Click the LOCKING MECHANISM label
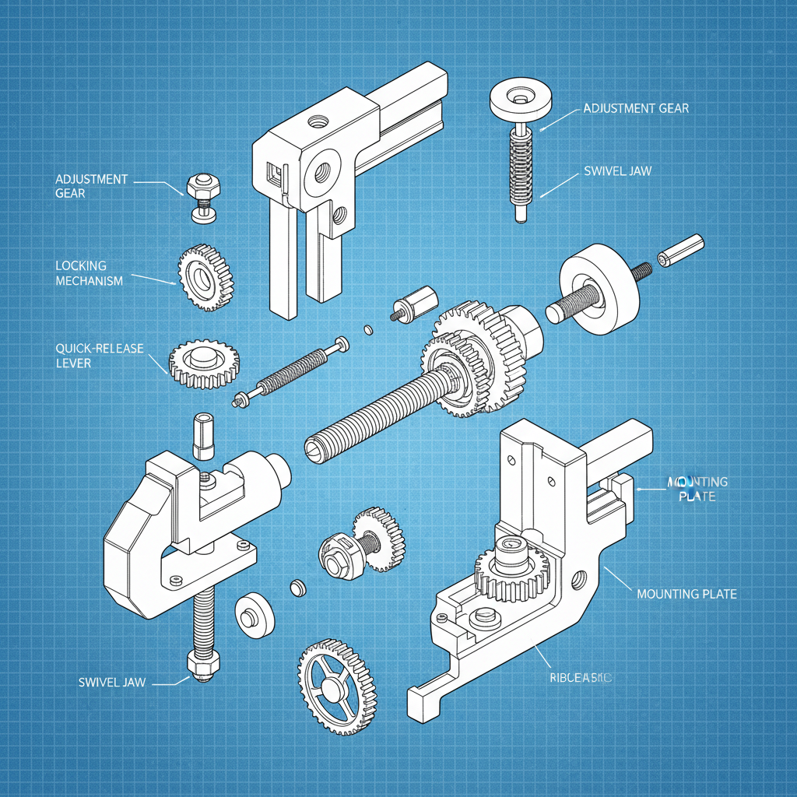(x=89, y=273)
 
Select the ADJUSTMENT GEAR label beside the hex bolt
(x=91, y=185)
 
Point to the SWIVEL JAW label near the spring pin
(x=617, y=170)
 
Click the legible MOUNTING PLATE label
(x=686, y=594)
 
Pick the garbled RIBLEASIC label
(x=576, y=679)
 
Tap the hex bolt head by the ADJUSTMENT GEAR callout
(x=204, y=187)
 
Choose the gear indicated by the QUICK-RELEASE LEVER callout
(x=204, y=363)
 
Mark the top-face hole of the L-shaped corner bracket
(x=318, y=121)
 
